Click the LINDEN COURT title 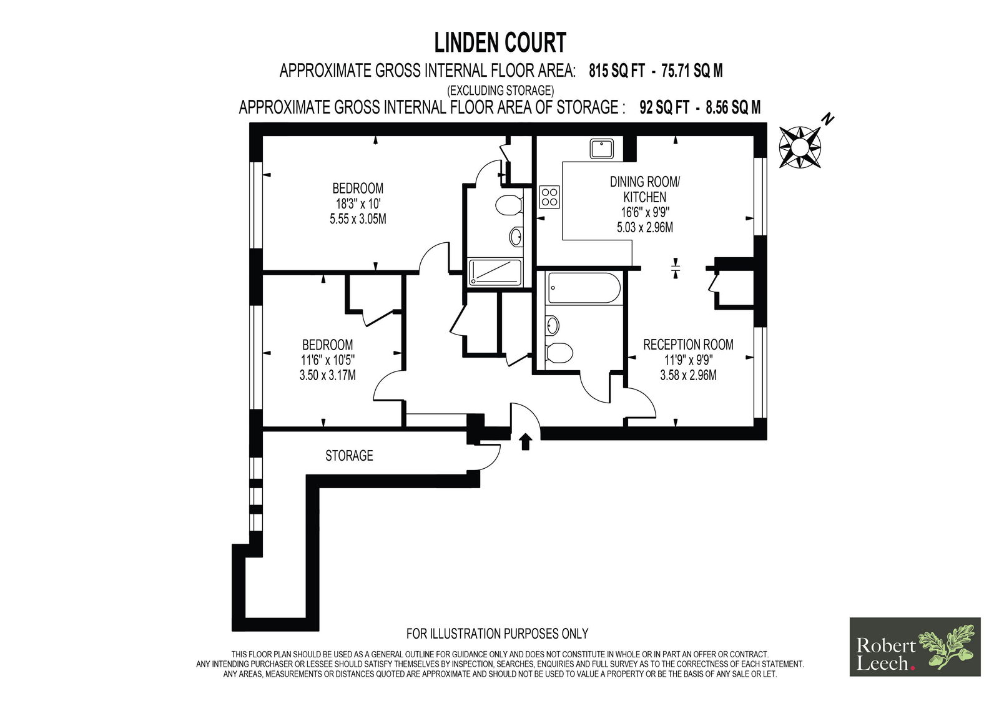click(500, 43)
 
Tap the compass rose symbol click(800, 147)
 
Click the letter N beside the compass click(828, 119)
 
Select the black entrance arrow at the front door click(526, 441)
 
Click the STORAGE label click(349, 455)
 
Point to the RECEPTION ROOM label click(688, 345)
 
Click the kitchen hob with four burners click(549, 197)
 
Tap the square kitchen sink click(602, 149)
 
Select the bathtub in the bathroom click(584, 288)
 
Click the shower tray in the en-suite click(495, 273)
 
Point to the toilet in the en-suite click(509, 205)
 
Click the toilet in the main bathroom click(559, 353)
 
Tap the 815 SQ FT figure click(617, 71)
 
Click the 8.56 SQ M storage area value click(733, 107)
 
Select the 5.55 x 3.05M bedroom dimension click(358, 219)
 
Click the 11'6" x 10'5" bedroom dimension click(328, 360)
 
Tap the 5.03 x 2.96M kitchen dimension click(645, 227)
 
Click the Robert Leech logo click(915, 647)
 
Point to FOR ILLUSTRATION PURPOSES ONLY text click(497, 634)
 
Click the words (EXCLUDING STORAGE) click(500, 91)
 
